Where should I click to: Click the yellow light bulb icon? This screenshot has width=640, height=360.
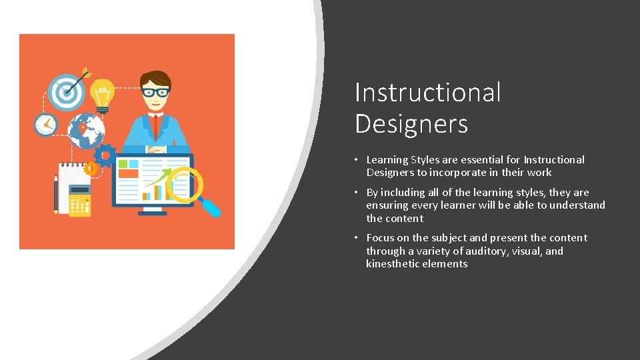click(x=102, y=96)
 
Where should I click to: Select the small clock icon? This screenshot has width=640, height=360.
click(x=45, y=124)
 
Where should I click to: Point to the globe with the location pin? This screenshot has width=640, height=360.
click(x=85, y=131)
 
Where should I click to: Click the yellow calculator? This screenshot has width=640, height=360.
click(x=80, y=200)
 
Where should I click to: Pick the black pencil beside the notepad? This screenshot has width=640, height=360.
click(x=55, y=193)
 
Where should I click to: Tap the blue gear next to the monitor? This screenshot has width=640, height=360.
click(x=105, y=155)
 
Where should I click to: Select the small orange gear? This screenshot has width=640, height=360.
click(x=91, y=169)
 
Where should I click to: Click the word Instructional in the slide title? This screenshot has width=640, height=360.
click(x=427, y=92)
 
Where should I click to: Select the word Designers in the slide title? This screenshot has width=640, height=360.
click(x=411, y=124)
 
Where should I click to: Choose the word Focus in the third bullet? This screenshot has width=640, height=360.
click(x=380, y=238)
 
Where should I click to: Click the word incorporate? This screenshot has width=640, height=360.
click(x=457, y=173)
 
